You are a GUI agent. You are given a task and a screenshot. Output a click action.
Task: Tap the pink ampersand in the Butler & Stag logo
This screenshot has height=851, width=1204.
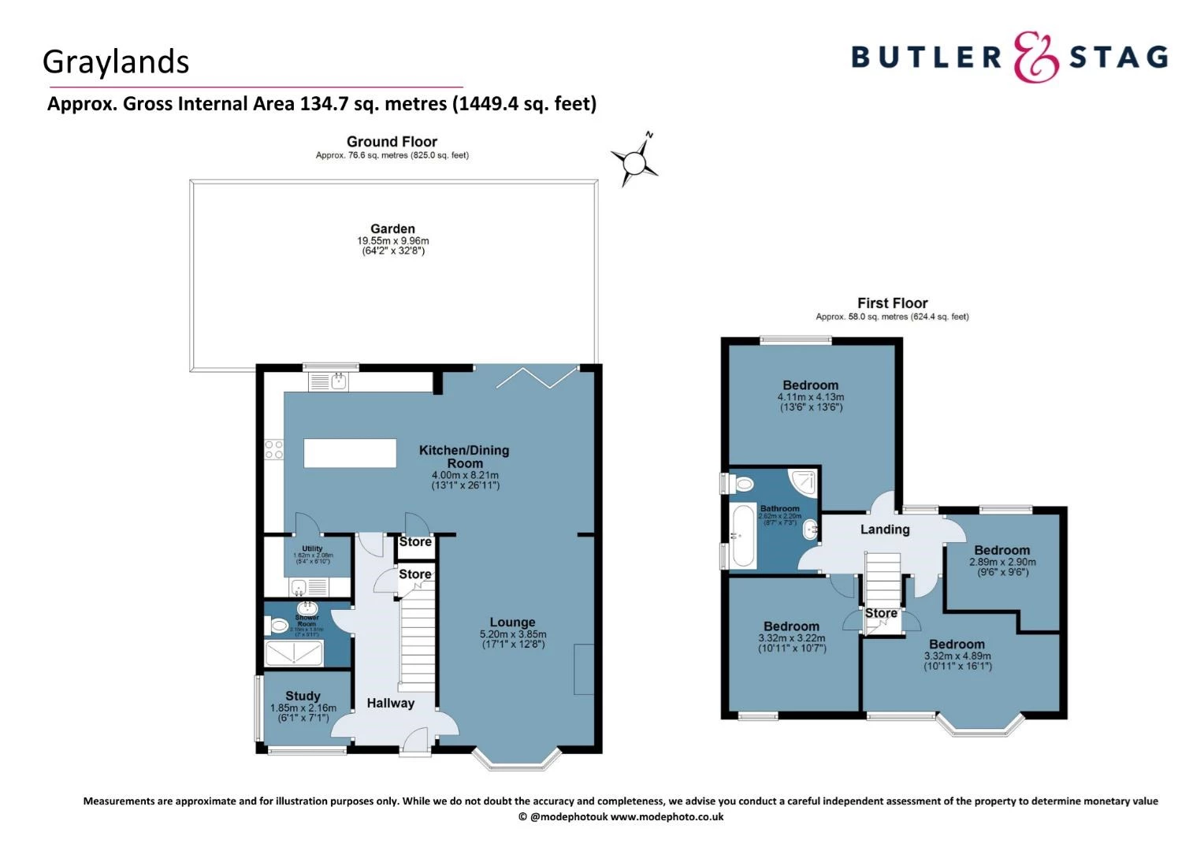coord(1035,57)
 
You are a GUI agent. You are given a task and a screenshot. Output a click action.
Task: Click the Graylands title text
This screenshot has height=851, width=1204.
coord(116,62)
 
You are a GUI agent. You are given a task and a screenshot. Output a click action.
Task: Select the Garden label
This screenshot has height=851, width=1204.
coord(392,229)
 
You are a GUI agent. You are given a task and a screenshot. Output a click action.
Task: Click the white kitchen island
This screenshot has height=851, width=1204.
coord(350,453)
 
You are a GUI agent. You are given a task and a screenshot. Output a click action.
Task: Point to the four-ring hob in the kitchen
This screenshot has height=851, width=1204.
coord(273,450)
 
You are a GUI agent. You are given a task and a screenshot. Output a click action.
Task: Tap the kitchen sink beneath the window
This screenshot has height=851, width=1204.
coord(339,382)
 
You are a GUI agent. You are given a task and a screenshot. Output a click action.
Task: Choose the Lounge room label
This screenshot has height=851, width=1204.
coord(512,622)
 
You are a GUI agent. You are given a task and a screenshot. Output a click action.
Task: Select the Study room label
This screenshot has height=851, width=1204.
coord(303,696)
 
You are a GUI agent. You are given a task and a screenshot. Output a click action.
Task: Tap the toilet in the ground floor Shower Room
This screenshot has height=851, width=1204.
coord(278,626)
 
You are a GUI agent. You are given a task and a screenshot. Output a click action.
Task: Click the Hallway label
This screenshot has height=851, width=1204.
coord(390,703)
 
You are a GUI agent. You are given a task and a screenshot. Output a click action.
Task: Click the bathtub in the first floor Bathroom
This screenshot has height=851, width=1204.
coord(743,537)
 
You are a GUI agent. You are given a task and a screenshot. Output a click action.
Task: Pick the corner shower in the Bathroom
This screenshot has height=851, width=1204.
coord(804,481)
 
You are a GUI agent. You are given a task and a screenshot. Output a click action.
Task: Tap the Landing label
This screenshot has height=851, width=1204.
coord(884,530)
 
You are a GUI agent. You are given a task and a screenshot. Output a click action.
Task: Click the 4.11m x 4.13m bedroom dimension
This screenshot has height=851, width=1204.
coord(810,397)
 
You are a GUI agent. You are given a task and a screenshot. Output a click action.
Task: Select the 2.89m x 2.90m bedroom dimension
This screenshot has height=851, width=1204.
coord(1001,562)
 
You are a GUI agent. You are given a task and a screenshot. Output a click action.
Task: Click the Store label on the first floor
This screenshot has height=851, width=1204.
coord(881,613)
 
